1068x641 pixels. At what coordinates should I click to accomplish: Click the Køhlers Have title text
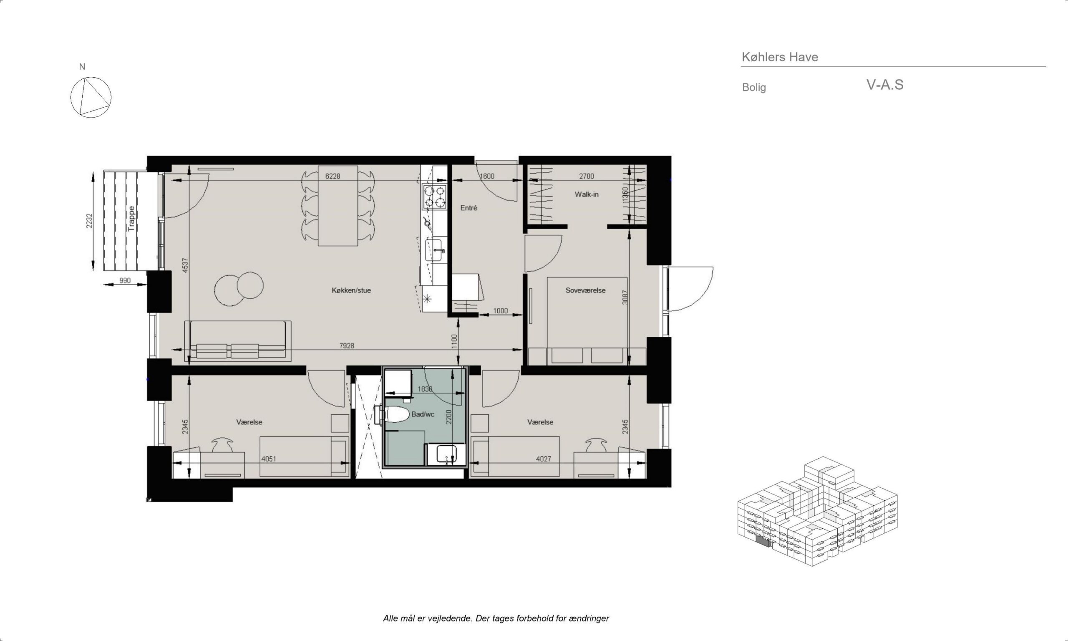click(780, 57)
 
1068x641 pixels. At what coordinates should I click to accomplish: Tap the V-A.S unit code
click(885, 85)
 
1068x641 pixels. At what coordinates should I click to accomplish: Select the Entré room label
click(469, 208)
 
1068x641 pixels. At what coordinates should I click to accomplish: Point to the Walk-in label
click(586, 194)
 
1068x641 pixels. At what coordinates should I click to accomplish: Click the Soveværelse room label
click(585, 290)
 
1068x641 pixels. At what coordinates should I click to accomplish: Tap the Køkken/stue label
click(351, 290)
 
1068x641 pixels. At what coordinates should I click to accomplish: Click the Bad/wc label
click(423, 414)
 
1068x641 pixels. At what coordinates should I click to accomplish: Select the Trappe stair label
click(131, 219)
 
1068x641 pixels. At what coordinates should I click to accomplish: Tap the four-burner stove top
click(434, 197)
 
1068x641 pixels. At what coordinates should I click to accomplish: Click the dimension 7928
click(347, 346)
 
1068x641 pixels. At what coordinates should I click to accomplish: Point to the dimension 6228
click(332, 176)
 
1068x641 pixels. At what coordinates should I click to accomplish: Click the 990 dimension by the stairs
click(125, 281)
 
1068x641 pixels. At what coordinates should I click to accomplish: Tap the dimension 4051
click(269, 459)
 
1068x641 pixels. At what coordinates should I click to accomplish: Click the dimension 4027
click(544, 459)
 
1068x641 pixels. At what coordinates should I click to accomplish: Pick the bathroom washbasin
click(446, 454)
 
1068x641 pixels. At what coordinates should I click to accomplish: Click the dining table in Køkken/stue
click(338, 206)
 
